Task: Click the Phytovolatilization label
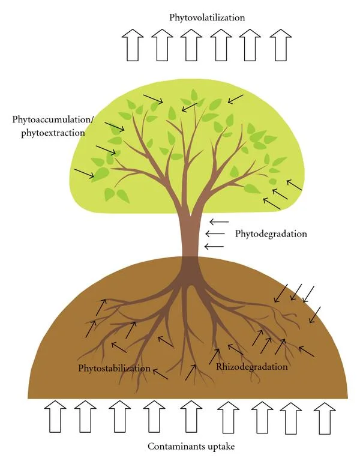(x=207, y=17)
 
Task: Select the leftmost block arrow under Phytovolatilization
(x=133, y=45)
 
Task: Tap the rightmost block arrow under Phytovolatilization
(x=281, y=45)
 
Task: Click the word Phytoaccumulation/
(x=53, y=119)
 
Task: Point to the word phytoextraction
(x=53, y=133)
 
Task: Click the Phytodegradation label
(x=271, y=234)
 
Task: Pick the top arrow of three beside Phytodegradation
(x=219, y=221)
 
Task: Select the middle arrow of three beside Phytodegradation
(x=215, y=234)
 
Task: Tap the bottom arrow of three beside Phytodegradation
(x=214, y=246)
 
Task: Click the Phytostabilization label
(x=115, y=368)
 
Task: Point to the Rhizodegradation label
(x=252, y=367)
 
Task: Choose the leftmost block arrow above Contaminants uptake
(x=55, y=417)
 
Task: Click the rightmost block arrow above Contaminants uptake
(x=325, y=418)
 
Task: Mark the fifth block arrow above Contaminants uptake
(x=191, y=417)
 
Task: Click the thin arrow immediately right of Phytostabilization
(x=160, y=373)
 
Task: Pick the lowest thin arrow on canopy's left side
(x=85, y=173)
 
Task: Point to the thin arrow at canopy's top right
(x=235, y=99)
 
